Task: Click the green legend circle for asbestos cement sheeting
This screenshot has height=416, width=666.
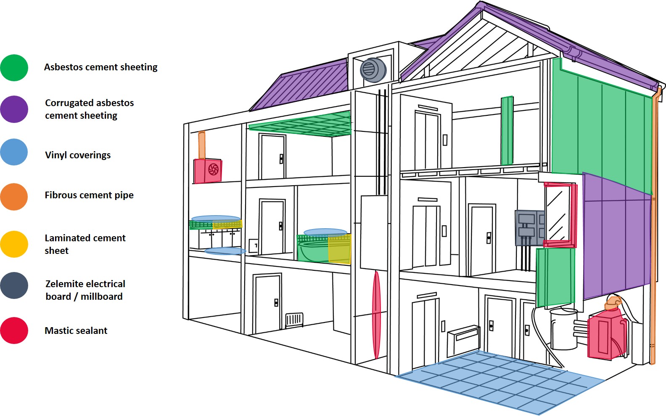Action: (x=14, y=68)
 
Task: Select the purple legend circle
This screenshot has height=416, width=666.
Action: (x=14, y=109)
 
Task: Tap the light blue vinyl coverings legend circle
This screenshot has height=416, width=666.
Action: (x=14, y=152)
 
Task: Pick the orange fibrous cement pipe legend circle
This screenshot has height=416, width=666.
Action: (x=14, y=197)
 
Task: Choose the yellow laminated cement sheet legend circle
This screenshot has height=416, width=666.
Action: (x=14, y=244)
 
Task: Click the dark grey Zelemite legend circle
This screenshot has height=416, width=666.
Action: (x=14, y=285)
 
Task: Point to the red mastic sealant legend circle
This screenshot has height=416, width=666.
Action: (x=14, y=331)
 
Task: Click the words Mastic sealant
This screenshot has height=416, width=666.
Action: (x=76, y=331)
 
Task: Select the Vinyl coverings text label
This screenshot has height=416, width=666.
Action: (x=78, y=155)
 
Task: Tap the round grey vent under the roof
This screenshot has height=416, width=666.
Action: (x=373, y=70)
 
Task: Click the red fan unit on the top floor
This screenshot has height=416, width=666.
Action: (x=208, y=171)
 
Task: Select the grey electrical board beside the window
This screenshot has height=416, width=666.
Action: (x=529, y=228)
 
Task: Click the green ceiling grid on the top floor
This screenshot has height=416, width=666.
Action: (x=300, y=124)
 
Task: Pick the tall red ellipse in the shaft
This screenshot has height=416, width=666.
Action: (x=376, y=315)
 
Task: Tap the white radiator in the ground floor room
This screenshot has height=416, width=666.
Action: (x=294, y=320)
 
